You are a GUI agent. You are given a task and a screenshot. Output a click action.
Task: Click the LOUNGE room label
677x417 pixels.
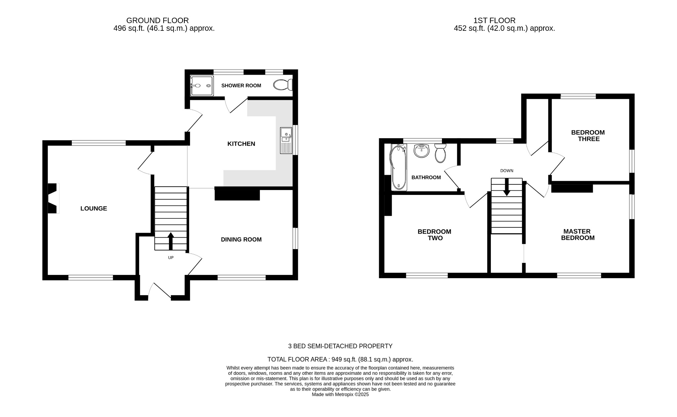(94, 208)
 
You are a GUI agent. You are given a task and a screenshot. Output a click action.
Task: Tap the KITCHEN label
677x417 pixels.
(241, 144)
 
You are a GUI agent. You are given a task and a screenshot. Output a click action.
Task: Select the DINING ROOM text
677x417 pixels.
(241, 240)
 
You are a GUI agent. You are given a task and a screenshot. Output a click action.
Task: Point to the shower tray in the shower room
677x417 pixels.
(202, 86)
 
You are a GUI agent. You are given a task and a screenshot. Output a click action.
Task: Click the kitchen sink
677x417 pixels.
(286, 140)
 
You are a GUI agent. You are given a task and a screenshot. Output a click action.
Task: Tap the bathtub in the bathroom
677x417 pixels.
(399, 168)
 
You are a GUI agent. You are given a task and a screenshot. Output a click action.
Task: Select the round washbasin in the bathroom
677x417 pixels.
(421, 151)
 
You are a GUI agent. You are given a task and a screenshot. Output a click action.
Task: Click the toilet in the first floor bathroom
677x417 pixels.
(440, 154)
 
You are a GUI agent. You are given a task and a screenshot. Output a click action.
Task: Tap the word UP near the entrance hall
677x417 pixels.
(171, 258)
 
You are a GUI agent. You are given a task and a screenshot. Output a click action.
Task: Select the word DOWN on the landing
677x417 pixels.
(506, 171)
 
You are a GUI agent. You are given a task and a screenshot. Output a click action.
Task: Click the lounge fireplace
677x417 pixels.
(53, 198)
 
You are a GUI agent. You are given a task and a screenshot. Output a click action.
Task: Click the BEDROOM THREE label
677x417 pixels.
(588, 136)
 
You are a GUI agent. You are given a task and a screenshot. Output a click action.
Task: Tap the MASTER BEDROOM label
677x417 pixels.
(577, 235)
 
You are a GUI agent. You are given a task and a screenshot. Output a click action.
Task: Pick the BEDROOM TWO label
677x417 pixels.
(434, 235)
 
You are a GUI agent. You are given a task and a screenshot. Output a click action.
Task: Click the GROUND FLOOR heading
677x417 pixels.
(157, 20)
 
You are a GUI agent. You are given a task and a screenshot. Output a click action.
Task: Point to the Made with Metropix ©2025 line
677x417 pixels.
(340, 395)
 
